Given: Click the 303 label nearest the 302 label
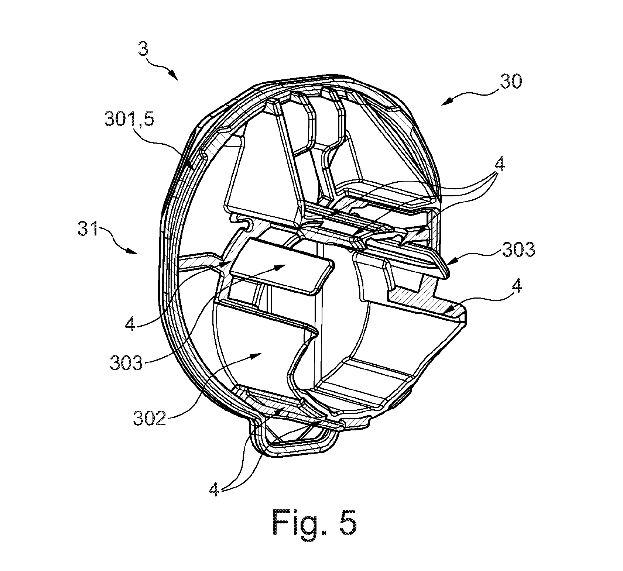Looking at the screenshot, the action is [126, 363].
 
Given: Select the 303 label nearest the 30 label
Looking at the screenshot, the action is [517, 250].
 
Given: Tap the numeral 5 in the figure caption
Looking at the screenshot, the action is [348, 523].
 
